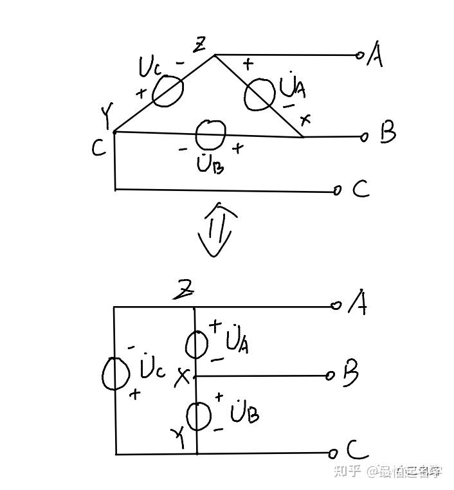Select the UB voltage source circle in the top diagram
click(211, 134)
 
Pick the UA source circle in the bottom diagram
click(197, 344)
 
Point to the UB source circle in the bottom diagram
click(199, 415)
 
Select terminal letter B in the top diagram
click(388, 133)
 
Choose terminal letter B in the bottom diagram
click(350, 374)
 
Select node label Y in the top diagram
click(107, 116)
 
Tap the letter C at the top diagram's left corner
click(98, 149)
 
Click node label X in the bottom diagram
click(183, 377)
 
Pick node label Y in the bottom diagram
click(179, 439)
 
